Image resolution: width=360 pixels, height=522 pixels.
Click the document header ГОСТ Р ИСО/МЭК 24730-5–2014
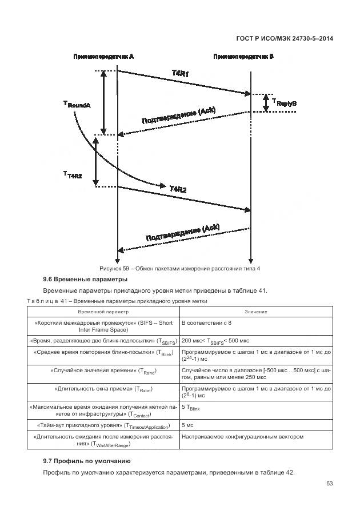click(284, 38)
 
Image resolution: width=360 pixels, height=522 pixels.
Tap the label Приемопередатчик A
click(103, 57)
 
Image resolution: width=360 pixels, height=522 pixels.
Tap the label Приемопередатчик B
click(243, 57)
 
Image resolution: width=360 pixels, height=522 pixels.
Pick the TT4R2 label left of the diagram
click(73, 175)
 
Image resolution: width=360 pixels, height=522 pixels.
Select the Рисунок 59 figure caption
click(179, 268)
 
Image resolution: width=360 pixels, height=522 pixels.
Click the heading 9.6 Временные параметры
click(85, 280)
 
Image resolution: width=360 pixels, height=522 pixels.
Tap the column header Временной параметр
click(103, 312)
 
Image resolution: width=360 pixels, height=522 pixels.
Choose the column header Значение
click(256, 312)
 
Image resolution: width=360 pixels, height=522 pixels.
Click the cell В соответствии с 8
click(206, 322)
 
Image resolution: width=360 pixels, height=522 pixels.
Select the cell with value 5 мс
click(187, 426)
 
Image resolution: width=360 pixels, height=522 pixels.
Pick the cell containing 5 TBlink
click(190, 407)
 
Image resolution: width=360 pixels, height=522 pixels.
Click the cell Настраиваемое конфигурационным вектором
click(242, 437)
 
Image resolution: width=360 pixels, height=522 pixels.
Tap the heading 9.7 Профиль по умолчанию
click(87, 461)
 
